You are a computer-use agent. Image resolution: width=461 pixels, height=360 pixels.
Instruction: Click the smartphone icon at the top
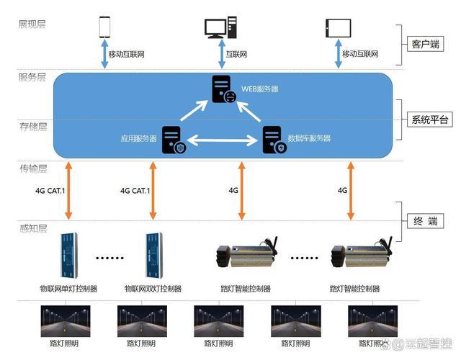click(x=105, y=27)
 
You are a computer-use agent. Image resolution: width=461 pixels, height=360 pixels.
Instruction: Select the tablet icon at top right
click(x=338, y=27)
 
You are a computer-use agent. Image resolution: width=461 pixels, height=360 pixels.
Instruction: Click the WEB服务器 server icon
click(x=223, y=89)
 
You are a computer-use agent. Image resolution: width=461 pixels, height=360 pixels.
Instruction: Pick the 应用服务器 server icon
click(x=173, y=139)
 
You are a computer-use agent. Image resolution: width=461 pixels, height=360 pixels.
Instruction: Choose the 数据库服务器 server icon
click(x=274, y=139)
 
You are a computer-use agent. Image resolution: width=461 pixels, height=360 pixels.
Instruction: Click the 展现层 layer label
click(x=32, y=24)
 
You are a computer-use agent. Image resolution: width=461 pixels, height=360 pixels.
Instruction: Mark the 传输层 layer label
click(x=32, y=168)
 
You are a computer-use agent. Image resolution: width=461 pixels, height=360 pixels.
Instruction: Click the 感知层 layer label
click(x=32, y=228)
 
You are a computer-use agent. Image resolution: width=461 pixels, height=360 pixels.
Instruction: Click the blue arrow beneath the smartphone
click(x=105, y=55)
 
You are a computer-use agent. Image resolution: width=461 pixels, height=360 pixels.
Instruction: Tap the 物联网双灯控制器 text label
click(x=153, y=289)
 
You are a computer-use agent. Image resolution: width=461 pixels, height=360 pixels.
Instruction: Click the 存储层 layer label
click(x=32, y=127)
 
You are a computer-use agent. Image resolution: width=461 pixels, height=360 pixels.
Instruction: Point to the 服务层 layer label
click(x=32, y=78)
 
